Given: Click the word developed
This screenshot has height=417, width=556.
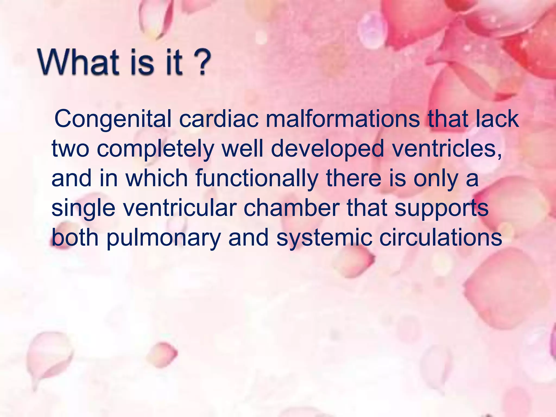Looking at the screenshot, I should pyautogui.click(x=327, y=149).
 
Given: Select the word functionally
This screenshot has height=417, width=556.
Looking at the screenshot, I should pyautogui.click(x=257, y=179).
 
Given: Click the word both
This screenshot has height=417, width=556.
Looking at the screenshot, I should pyautogui.click(x=75, y=238).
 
